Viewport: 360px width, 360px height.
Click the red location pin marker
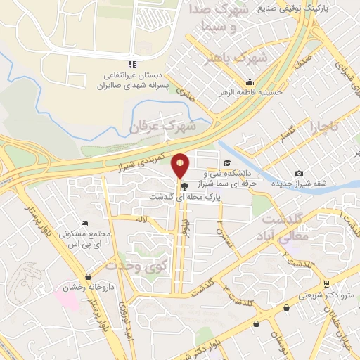click(181, 166)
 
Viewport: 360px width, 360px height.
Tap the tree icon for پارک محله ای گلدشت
click(184, 186)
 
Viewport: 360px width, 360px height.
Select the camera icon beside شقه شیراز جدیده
click(300, 174)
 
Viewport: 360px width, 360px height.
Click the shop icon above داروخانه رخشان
click(87, 276)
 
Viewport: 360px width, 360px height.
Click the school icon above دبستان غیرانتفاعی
click(134, 64)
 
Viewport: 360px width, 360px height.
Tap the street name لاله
click(143, 219)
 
